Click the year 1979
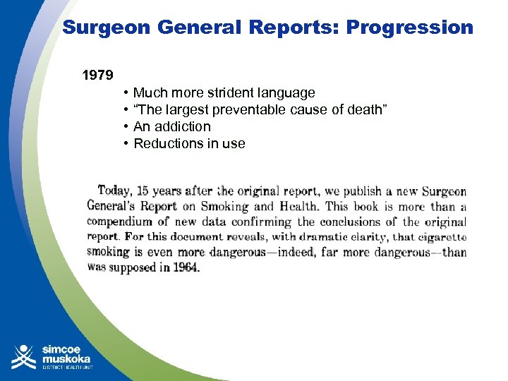pyautogui.click(x=97, y=75)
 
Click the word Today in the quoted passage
pyautogui.click(x=114, y=190)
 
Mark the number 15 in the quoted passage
pyautogui.click(x=143, y=191)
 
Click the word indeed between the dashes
pyautogui.click(x=289, y=253)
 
